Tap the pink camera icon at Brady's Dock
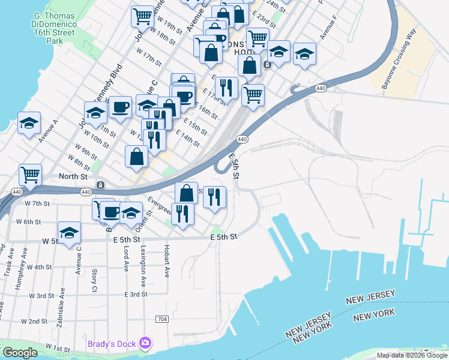145,343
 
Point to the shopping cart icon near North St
30,175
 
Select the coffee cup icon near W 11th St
120,107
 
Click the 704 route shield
161,319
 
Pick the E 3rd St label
136,295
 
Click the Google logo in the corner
20,353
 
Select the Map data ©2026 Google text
412,355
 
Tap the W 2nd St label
34,322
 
